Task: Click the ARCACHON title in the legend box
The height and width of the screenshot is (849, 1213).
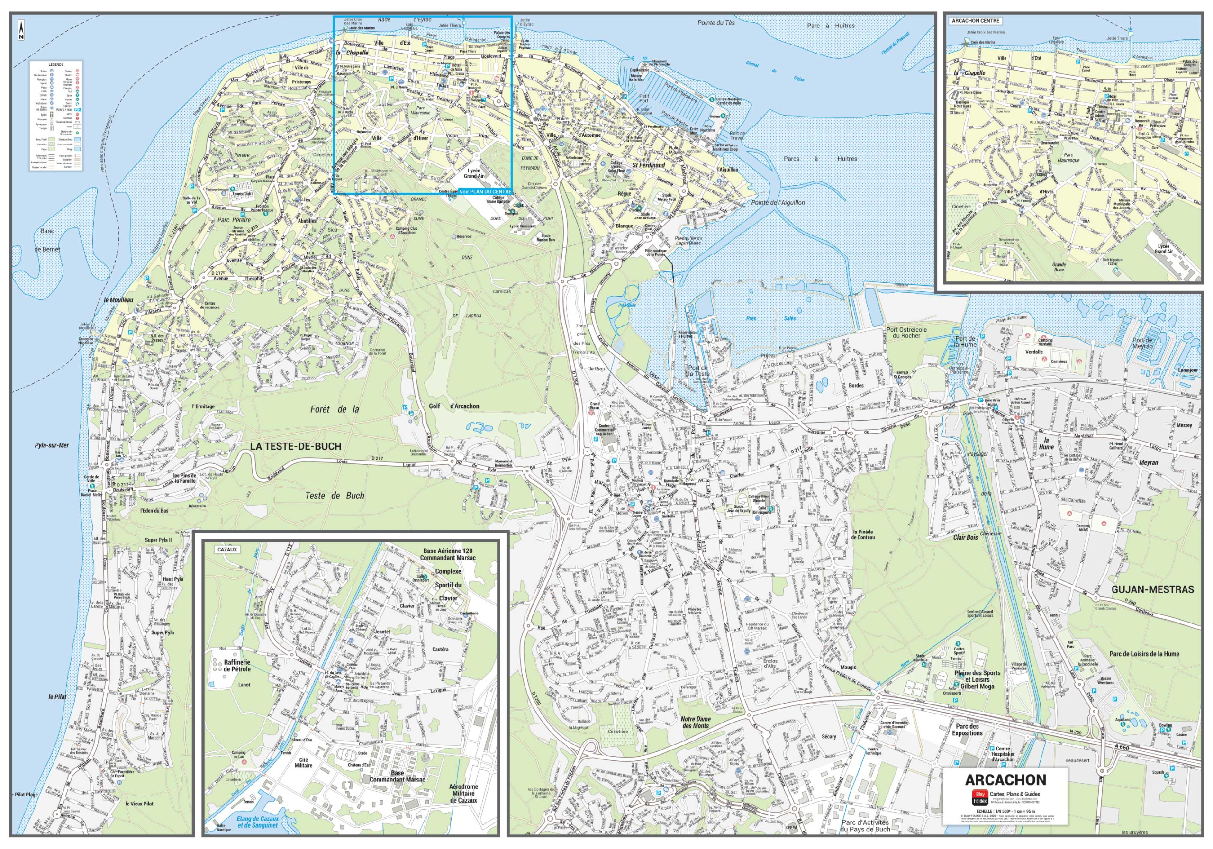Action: click(x=1005, y=780)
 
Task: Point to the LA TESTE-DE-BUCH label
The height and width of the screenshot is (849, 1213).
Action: click(x=295, y=446)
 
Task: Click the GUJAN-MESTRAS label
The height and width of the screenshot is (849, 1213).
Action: click(x=1152, y=589)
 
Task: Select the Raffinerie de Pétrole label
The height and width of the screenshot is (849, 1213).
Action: click(x=237, y=666)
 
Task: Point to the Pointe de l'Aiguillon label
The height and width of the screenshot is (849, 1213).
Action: click(x=778, y=202)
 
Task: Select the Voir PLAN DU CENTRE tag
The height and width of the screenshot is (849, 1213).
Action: click(x=486, y=191)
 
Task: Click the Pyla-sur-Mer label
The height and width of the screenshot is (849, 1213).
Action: click(x=52, y=445)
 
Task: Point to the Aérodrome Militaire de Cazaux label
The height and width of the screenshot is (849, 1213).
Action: click(x=463, y=793)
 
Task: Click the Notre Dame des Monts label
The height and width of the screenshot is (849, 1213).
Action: click(x=695, y=722)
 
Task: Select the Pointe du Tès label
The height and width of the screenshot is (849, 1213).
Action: click(x=716, y=23)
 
